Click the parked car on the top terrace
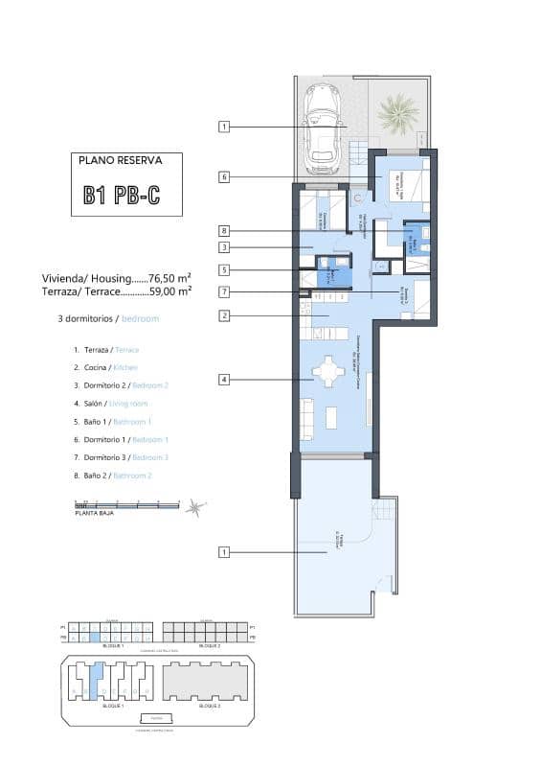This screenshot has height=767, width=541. (x=323, y=129)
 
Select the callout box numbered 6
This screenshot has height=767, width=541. (x=224, y=176)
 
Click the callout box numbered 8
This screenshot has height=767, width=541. (x=224, y=231)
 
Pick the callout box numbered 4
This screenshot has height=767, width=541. (x=224, y=380)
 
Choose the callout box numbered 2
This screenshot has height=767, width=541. (x=224, y=315)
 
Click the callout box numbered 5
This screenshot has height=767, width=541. (x=224, y=270)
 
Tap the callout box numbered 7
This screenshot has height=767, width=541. (x=224, y=291)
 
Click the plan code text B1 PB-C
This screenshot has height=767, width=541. (x=121, y=197)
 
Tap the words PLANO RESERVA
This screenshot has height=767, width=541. (x=121, y=162)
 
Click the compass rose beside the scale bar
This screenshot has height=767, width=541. (x=194, y=507)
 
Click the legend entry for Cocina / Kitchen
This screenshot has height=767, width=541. (x=105, y=367)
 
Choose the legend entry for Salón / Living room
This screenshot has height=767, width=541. (x=107, y=404)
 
